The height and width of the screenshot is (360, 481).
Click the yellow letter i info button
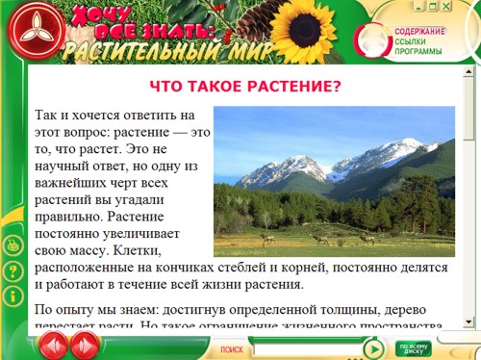[x=13, y=294]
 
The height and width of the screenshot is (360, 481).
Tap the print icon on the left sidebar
[x=13, y=245]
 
